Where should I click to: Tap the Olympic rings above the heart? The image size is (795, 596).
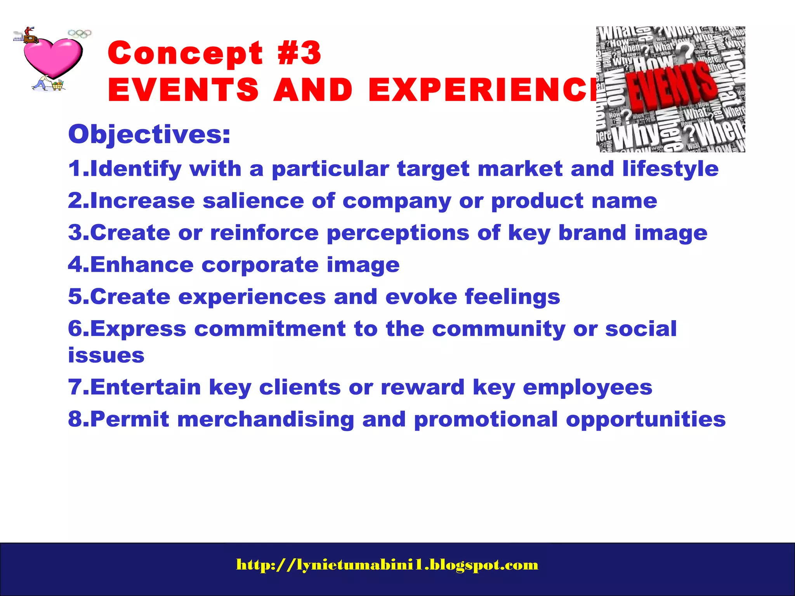[80, 34]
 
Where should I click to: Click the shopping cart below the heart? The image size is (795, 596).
[57, 85]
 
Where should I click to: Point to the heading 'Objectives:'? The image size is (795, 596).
[149, 135]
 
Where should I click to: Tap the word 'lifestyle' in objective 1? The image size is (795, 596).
[670, 169]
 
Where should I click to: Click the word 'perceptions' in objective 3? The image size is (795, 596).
[398, 233]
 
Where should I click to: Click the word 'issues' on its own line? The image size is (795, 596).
[106, 355]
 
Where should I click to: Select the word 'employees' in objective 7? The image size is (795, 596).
[587, 388]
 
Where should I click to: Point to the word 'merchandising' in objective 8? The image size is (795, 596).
[266, 419]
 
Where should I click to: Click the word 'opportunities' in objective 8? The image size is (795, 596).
[646, 419]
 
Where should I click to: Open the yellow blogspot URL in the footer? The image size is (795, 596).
[387, 565]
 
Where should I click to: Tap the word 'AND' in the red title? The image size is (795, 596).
[313, 90]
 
